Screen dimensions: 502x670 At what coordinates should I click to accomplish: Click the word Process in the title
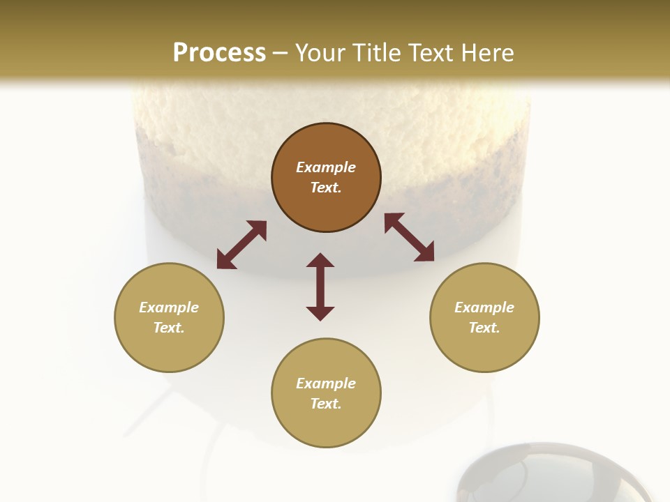219,52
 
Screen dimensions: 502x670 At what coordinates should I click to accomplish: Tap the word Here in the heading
486,52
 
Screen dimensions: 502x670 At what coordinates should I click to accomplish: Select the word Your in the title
321,52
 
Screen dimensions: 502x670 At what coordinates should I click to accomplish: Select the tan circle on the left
169,317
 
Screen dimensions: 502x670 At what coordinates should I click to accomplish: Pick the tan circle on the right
484,317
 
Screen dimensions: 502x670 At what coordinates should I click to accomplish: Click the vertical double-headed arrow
320,287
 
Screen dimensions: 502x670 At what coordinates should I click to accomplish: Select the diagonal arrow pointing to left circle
241,245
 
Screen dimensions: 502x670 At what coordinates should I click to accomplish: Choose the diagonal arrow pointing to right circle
410,237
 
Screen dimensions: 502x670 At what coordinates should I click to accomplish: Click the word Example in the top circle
326,167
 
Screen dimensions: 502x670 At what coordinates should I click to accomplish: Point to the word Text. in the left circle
169,328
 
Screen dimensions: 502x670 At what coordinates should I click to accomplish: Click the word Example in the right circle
484,307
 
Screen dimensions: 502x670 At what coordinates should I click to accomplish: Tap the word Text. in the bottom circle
326,404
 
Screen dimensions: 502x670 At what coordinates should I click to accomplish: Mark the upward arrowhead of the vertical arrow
320,260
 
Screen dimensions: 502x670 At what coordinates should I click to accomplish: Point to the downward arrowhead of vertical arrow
320,313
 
